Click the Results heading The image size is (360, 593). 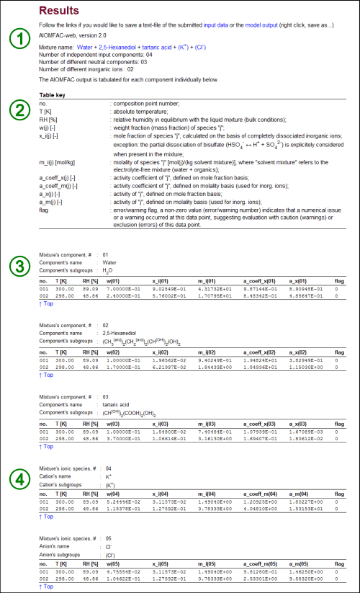click(x=60, y=11)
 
